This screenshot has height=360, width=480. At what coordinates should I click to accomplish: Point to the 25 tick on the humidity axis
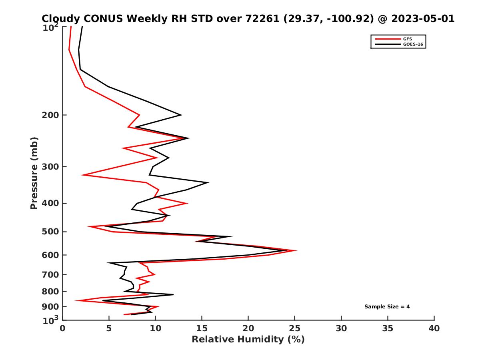click(295, 328)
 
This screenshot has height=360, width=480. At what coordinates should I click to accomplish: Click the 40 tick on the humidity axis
click(434, 328)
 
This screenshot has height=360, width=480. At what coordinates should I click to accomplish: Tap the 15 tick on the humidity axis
click(202, 328)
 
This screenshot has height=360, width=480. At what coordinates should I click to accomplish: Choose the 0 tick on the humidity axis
click(63, 328)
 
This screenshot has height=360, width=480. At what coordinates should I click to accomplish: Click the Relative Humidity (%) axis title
click(248, 340)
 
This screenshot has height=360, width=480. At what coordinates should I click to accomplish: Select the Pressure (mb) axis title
click(34, 173)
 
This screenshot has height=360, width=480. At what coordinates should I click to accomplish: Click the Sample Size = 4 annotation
click(387, 307)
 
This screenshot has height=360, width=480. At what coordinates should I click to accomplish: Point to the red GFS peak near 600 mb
click(296, 251)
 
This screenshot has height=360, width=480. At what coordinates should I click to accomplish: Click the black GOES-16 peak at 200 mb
click(181, 115)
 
